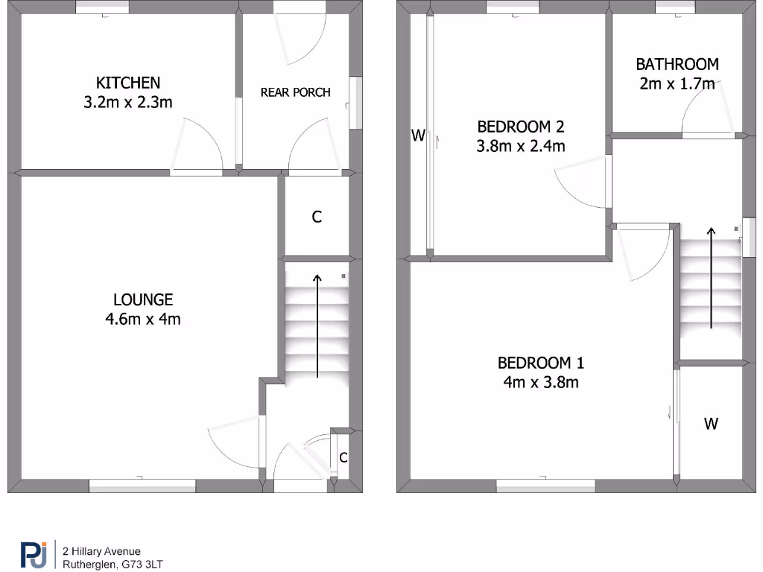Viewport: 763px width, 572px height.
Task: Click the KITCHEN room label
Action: [127, 82]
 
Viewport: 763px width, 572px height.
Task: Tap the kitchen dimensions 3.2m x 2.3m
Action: [127, 102]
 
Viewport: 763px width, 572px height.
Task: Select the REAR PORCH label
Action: [295, 92]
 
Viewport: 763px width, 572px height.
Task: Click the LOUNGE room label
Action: [143, 299]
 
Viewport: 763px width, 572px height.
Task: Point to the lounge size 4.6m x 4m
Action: [143, 320]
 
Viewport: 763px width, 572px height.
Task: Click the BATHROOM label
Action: [677, 65]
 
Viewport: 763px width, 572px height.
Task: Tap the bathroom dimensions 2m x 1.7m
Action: [677, 83]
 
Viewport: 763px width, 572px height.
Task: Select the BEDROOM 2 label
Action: [520, 127]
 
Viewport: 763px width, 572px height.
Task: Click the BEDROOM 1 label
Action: [541, 363]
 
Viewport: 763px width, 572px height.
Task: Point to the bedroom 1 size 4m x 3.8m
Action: [541, 383]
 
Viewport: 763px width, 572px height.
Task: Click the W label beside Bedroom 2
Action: [418, 135]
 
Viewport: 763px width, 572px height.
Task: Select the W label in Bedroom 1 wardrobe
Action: [711, 424]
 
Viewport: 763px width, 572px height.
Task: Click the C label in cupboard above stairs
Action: [317, 217]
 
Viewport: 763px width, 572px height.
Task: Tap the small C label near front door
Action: [343, 457]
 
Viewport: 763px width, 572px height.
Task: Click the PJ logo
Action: [33, 556]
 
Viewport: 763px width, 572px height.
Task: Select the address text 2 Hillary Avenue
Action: [101, 551]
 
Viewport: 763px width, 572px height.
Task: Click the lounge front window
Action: [142, 486]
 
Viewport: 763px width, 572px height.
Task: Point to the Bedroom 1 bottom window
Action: [545, 486]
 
